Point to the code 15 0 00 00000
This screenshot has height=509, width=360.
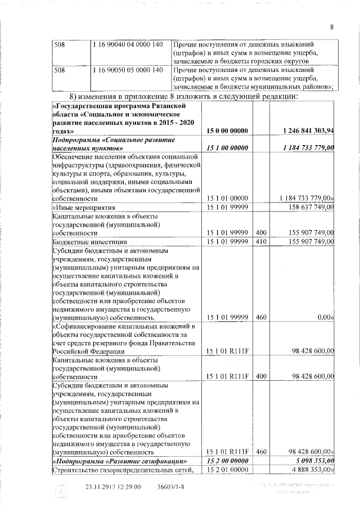227,130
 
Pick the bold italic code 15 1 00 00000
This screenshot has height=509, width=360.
227,147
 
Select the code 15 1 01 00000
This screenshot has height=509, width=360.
227,199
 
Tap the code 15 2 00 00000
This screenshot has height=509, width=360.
227,461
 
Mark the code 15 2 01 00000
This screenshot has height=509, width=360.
227,470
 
